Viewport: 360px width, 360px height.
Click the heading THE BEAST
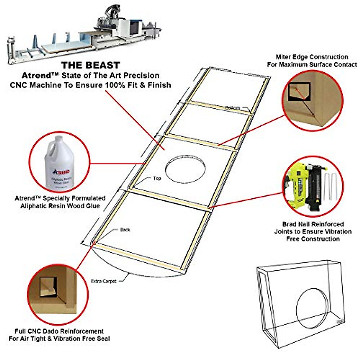tap(90, 65)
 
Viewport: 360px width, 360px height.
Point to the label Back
tap(125, 230)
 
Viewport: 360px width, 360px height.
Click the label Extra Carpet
tap(103, 281)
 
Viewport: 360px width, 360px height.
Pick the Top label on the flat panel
tap(157, 178)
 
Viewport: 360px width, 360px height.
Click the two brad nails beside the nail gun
tap(330, 186)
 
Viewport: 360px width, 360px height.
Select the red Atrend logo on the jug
tap(61, 172)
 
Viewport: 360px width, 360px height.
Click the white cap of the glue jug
tap(59, 139)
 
